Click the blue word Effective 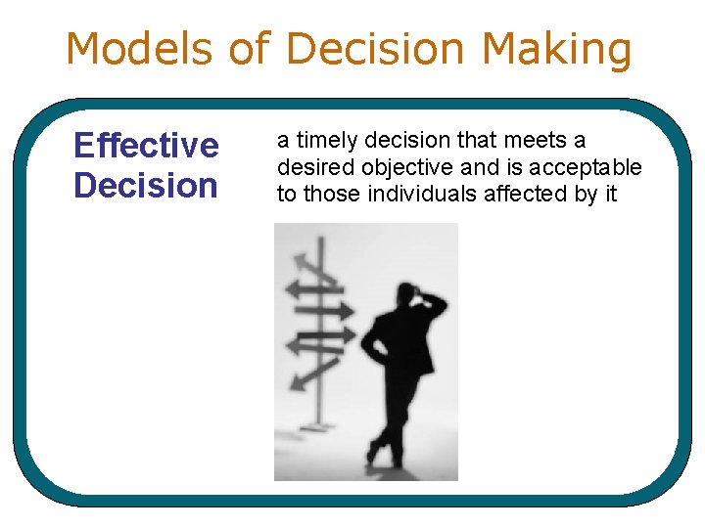coord(146,146)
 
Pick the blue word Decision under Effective coord(146,185)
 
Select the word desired coord(310,168)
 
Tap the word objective coord(396,168)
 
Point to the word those coord(333,194)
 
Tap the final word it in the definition coord(611,194)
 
